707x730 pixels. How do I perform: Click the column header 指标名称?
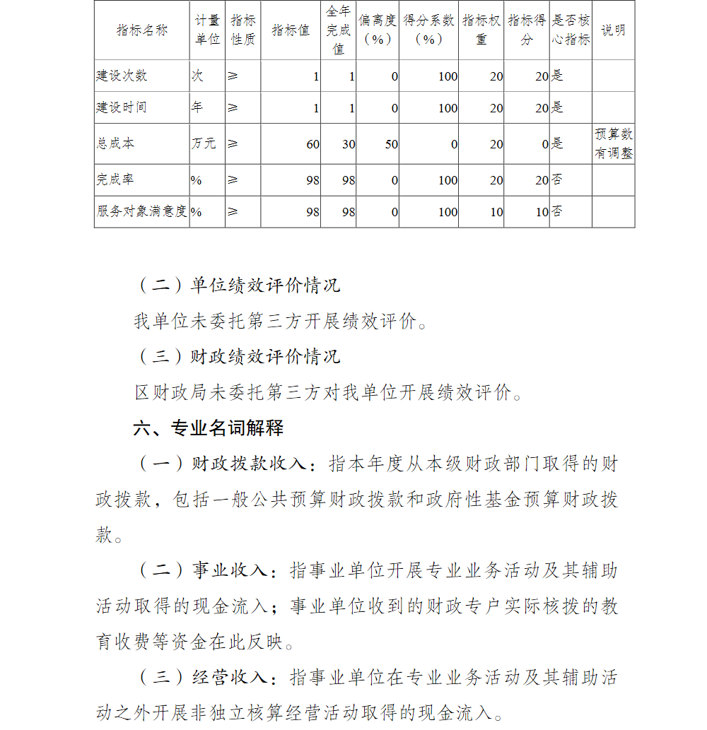coord(142,30)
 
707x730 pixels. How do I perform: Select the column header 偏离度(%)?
coord(377,30)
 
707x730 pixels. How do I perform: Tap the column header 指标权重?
coord(481,30)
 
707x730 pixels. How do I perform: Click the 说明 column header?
coord(613,30)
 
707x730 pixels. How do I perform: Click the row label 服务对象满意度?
coord(141,211)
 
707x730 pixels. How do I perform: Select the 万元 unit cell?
coord(204,143)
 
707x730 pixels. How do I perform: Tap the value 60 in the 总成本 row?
coord(312,144)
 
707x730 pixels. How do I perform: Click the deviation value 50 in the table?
coord(391,144)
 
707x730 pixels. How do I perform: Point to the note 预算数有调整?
coord(613,143)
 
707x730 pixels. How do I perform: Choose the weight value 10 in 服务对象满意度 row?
coord(496,212)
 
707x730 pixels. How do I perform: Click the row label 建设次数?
coord(122,76)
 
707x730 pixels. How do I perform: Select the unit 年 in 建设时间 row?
coord(197,107)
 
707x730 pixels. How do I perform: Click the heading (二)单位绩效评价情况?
coord(238,285)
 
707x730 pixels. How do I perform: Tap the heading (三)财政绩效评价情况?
coord(238,356)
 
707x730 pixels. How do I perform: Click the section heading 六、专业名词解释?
coord(209,428)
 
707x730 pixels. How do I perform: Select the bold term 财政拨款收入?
coord(249,464)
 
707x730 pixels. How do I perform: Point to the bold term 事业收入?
coord(229,570)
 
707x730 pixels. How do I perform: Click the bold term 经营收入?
coord(229,677)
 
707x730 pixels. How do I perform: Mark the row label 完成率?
coord(115,180)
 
